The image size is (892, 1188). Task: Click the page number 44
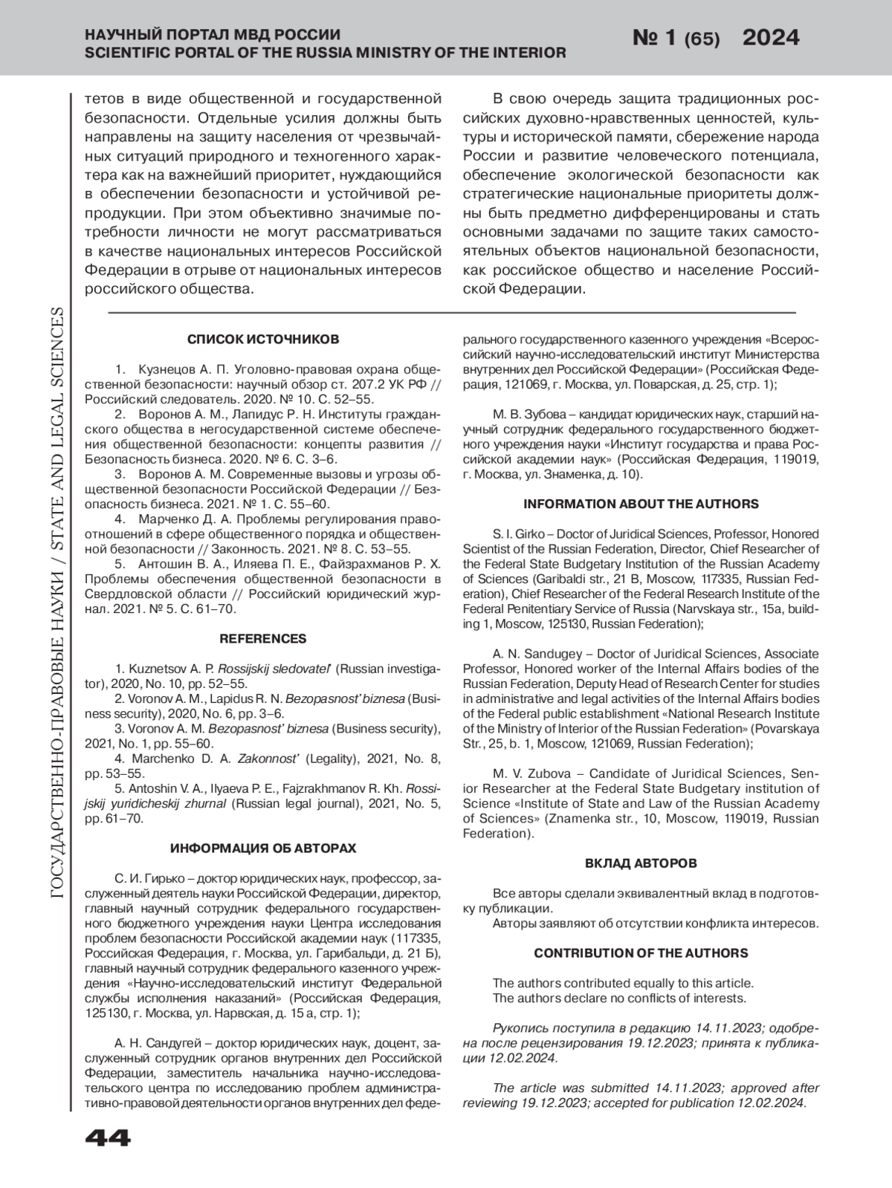(x=108, y=1137)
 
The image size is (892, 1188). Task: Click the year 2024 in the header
(x=771, y=38)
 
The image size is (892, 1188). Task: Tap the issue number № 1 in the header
(x=653, y=38)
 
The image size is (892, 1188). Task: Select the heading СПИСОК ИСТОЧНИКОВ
(x=263, y=340)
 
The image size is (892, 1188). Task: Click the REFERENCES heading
(x=263, y=639)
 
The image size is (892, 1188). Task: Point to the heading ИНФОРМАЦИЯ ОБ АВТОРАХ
(x=263, y=848)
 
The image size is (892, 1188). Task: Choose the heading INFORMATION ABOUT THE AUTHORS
(x=641, y=504)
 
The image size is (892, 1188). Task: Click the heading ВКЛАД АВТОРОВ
(x=641, y=863)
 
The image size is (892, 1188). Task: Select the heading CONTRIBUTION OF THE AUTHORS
(x=641, y=953)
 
